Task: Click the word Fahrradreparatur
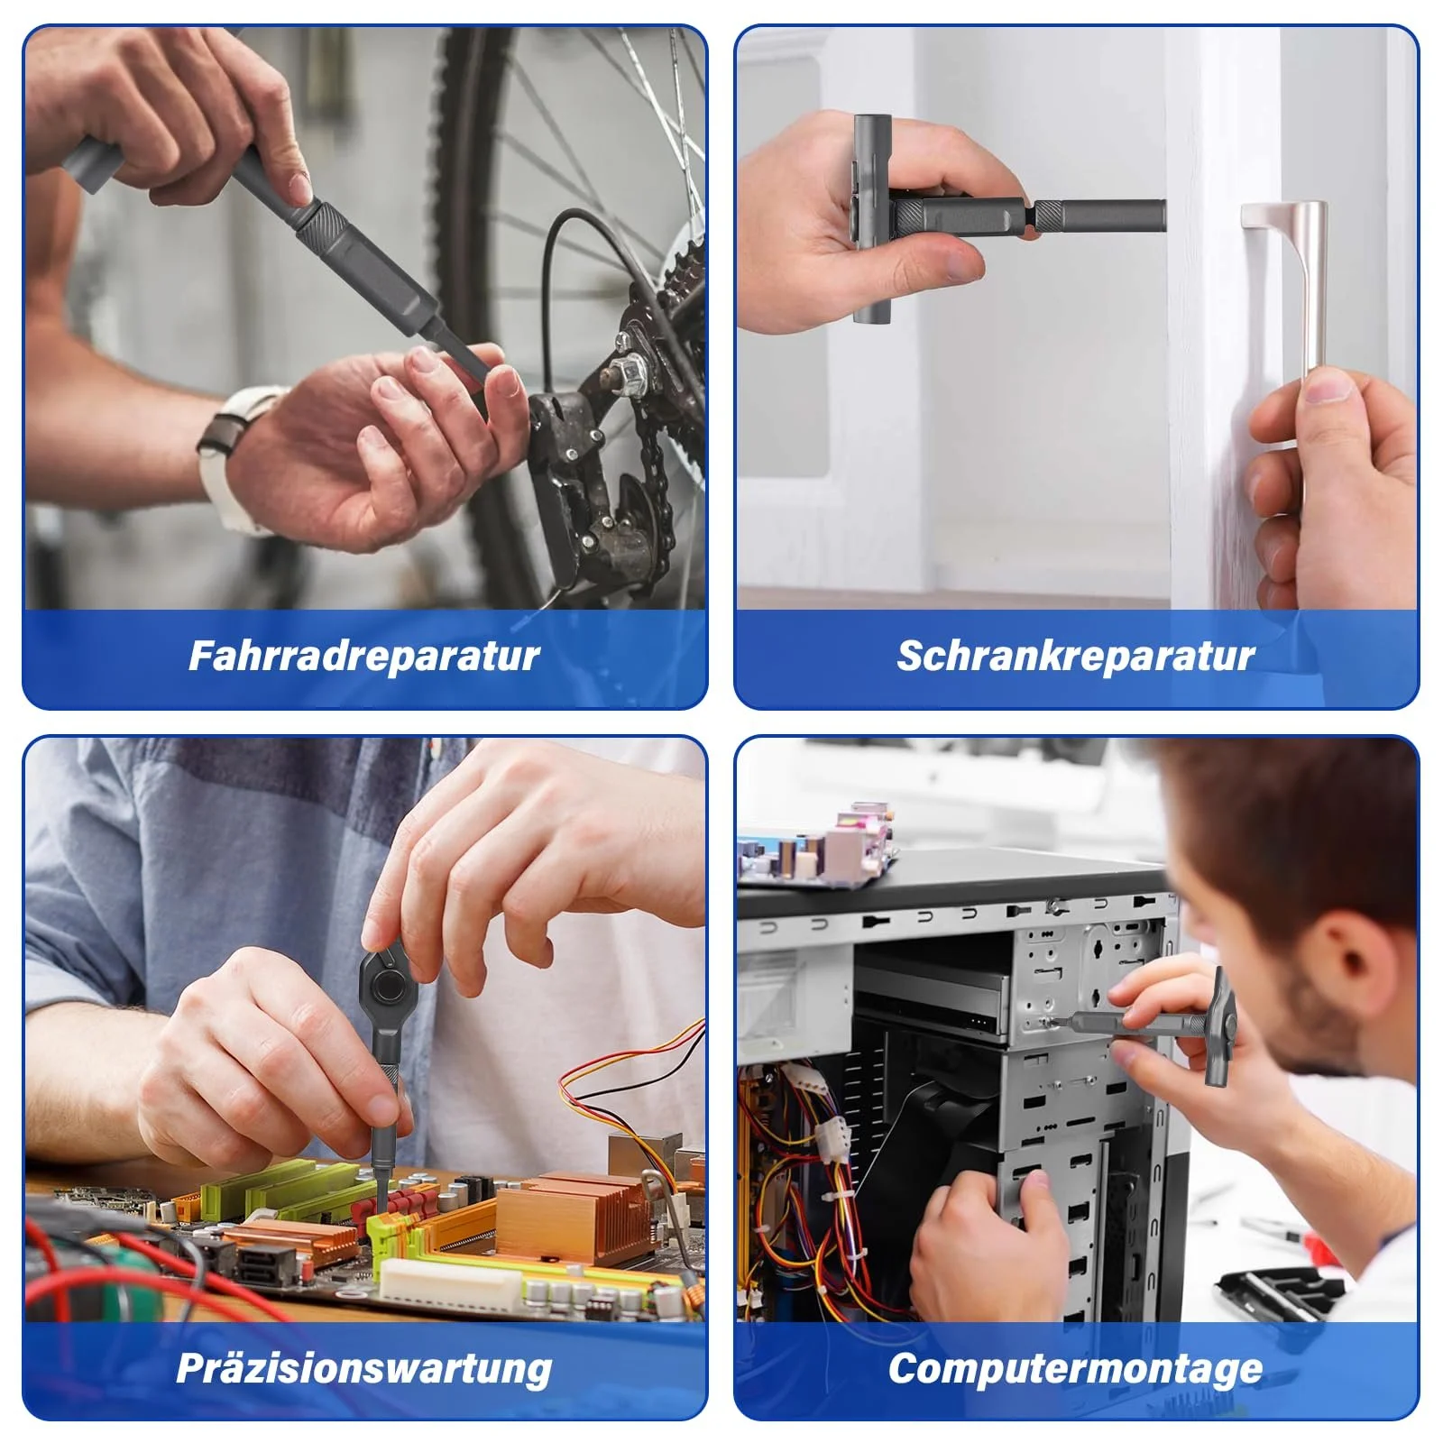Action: [x=363, y=656]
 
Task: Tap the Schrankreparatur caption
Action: [x=1075, y=656]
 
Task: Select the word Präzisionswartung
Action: [x=363, y=1368]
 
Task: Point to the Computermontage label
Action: [x=1075, y=1368]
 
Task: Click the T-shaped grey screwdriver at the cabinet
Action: [x=992, y=216]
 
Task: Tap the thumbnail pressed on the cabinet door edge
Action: [x=1327, y=388]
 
